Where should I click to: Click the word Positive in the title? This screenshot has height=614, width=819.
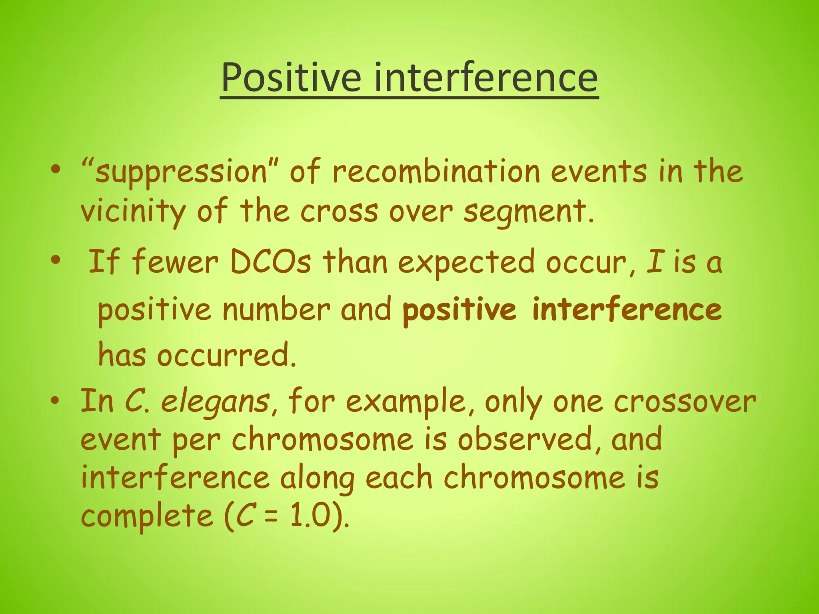tap(291, 77)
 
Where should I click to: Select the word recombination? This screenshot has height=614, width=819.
tap(436, 172)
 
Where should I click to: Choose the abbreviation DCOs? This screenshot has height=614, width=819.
tap(270, 262)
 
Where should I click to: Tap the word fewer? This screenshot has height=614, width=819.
tap(175, 262)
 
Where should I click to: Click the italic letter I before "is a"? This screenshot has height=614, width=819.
tap(655, 262)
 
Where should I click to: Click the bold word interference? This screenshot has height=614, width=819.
tap(627, 309)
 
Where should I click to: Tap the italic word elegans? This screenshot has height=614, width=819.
tap(215, 402)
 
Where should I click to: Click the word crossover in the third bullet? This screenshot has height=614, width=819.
tap(685, 401)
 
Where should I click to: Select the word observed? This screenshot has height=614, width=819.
tap(524, 439)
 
